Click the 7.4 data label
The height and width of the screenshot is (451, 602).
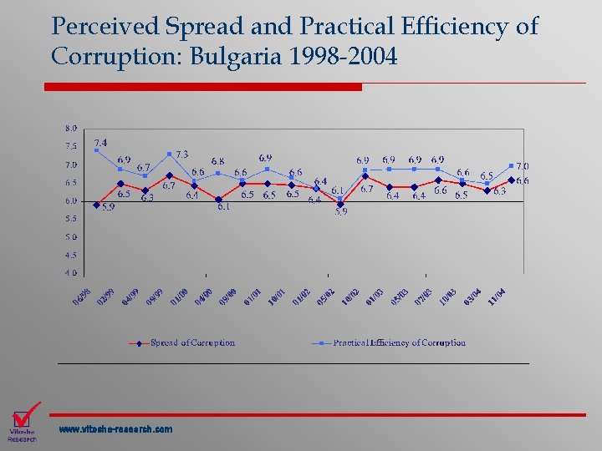point(100,143)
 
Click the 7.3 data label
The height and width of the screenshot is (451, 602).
point(181,155)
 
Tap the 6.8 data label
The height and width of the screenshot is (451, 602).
point(217,160)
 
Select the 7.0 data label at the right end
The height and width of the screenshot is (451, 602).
point(522,166)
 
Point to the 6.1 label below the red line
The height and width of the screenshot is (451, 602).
point(224,206)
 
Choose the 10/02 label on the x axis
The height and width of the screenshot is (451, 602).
point(351,296)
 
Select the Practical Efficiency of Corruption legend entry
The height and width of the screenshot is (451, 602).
point(399,342)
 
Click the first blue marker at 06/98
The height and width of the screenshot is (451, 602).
point(97,151)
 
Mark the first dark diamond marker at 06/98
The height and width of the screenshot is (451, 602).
point(97,205)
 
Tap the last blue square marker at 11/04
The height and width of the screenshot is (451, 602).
point(511,165)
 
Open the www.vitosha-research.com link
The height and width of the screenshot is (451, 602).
point(115,429)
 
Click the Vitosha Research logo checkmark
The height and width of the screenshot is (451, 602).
point(27,414)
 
